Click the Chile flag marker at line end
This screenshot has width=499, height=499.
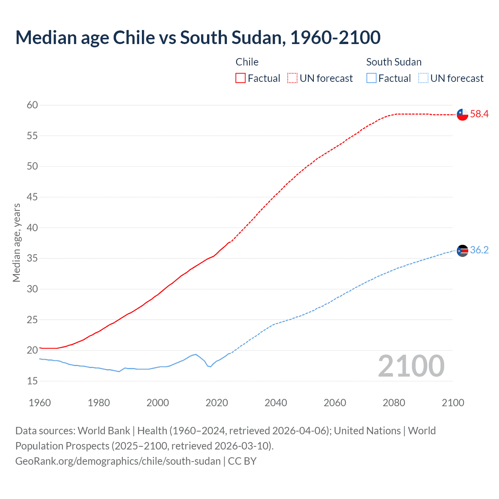[462, 115]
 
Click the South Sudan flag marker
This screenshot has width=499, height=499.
[462, 251]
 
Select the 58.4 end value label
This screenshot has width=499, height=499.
[479, 114]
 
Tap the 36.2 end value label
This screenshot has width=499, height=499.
[479, 250]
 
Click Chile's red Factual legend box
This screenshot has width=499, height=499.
[241, 78]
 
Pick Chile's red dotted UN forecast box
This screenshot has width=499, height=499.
[292, 78]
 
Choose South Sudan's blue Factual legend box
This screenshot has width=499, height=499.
[372, 78]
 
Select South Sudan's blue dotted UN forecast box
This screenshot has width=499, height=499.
[423, 78]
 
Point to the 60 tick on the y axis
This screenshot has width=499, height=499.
[32, 105]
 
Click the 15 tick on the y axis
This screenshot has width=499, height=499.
[32, 381]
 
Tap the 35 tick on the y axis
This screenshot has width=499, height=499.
[32, 258]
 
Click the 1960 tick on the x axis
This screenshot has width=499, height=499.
[40, 403]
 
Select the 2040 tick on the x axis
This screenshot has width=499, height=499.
[276, 403]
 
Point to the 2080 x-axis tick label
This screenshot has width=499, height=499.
[394, 403]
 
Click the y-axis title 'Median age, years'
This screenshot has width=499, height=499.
[16, 242]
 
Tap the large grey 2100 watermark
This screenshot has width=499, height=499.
[411, 366]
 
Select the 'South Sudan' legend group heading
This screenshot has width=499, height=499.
[394, 62]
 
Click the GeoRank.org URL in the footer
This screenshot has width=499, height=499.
[118, 461]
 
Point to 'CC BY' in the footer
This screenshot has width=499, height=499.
[242, 461]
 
